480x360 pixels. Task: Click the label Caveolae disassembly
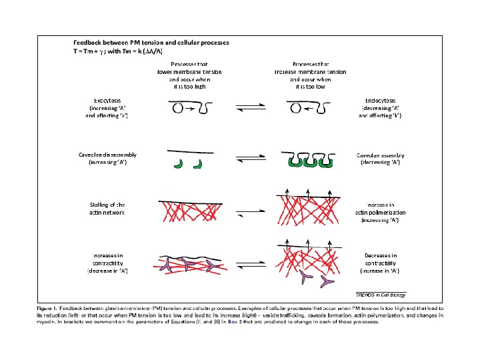[x=110, y=155]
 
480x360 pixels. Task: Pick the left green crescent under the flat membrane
[x=178, y=163]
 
